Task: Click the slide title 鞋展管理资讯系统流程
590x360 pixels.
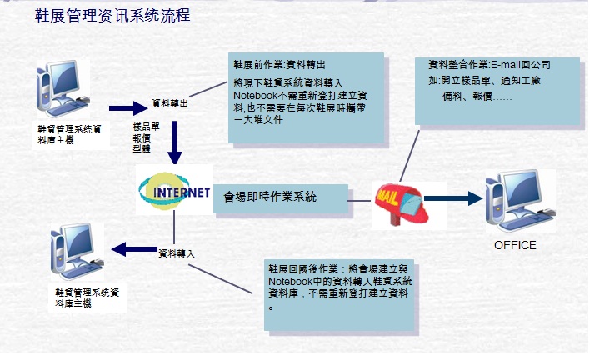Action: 112,16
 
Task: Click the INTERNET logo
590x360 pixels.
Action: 173,191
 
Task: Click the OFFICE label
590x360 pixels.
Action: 515,245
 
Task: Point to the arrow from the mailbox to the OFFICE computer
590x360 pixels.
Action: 453,198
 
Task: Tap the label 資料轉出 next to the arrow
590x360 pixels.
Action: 170,104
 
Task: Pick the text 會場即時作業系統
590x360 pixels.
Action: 270,197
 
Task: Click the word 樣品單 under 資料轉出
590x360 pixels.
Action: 147,127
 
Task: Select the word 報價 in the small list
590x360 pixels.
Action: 142,137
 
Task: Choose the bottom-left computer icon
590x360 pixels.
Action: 72,251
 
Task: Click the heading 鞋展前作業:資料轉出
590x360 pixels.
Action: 279,64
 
